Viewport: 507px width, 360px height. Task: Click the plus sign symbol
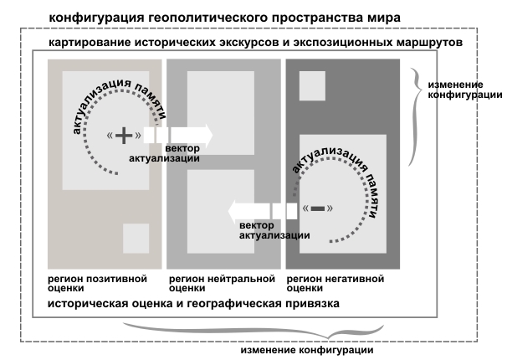click(x=124, y=136)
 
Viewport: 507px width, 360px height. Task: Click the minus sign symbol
click(x=318, y=208)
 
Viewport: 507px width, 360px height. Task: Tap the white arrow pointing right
click(x=178, y=135)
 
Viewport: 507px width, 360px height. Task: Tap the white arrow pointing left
click(x=263, y=211)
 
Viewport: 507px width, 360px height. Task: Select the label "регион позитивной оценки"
click(x=97, y=283)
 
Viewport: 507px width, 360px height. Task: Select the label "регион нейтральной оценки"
click(x=222, y=283)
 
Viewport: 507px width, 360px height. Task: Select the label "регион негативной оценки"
click(x=335, y=283)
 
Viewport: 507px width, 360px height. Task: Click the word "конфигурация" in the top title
click(x=97, y=18)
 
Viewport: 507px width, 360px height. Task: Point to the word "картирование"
click(x=90, y=43)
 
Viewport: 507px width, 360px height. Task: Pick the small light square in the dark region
click(x=312, y=86)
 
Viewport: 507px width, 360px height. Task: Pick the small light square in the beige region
click(x=136, y=239)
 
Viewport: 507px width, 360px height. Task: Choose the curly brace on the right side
click(x=416, y=116)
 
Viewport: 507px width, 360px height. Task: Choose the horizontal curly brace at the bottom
click(x=253, y=331)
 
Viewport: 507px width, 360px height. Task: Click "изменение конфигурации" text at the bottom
click(x=307, y=350)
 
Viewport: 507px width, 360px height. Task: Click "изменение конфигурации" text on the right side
click(x=465, y=90)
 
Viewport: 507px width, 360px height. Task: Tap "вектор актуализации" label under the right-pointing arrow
click(x=164, y=153)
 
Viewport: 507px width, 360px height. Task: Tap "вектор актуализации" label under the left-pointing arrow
click(x=274, y=230)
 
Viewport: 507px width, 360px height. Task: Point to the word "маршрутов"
click(x=429, y=43)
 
